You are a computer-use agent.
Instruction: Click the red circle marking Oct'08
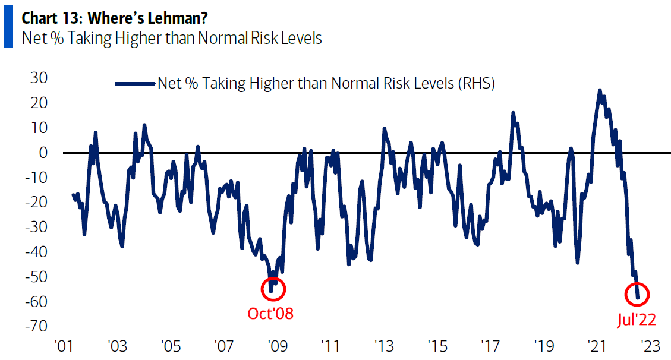(273, 289)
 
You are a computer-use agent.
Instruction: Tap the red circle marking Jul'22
(637, 294)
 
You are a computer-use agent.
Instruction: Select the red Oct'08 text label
(270, 313)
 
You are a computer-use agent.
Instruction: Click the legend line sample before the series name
(136, 84)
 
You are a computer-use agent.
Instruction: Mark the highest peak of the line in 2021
(600, 90)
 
